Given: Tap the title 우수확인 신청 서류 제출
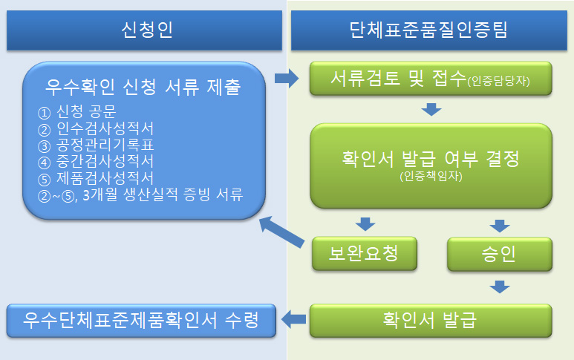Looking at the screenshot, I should click(x=143, y=88).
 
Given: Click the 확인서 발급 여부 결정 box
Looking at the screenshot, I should click(x=431, y=166).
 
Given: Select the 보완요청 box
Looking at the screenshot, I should click(x=364, y=255).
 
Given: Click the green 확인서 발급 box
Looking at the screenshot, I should click(x=431, y=321).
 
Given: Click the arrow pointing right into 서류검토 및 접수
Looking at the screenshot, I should click(x=286, y=78).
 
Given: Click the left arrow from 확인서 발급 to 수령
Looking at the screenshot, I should click(x=296, y=319).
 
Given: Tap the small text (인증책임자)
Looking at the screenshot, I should click(x=431, y=176).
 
